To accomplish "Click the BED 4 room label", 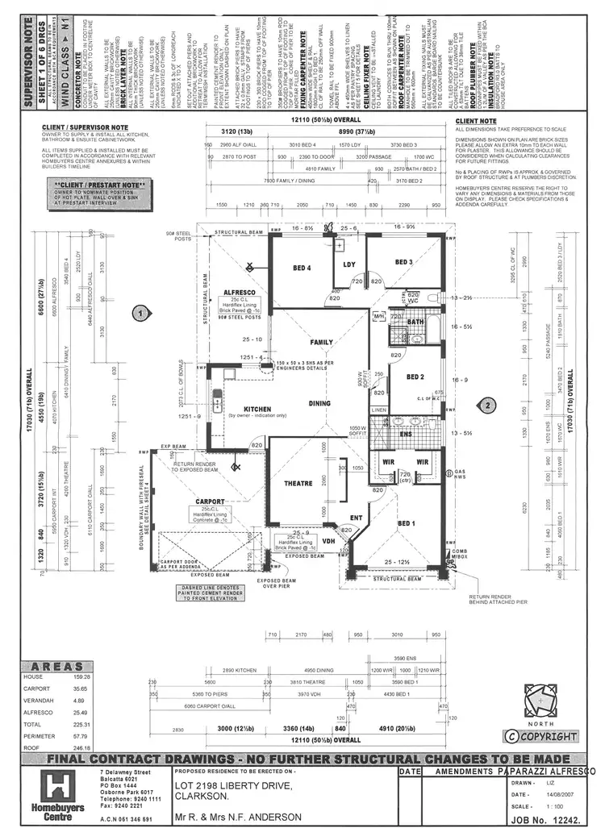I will click(x=301, y=267).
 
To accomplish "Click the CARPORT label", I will click(x=211, y=501).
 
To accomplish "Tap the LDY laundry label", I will click(x=350, y=264).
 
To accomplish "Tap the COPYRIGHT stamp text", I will click(x=541, y=735).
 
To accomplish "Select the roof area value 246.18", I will click(x=78, y=747).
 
